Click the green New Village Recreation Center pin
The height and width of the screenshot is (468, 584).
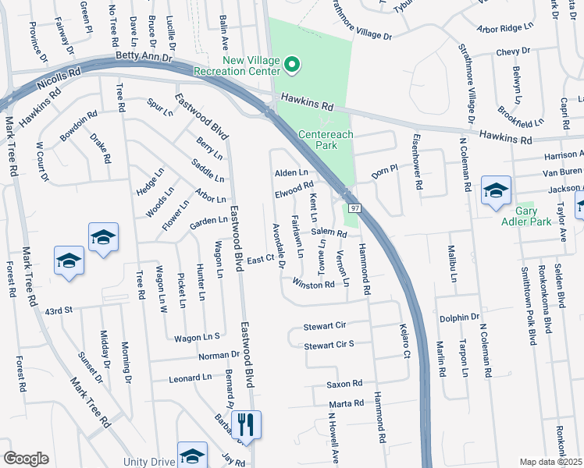[x=292, y=64]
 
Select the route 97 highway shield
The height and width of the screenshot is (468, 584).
[x=354, y=208]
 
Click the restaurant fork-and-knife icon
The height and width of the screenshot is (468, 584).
[x=246, y=425]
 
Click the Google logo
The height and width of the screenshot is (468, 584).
[x=26, y=459]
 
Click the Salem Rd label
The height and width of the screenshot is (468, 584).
[x=328, y=233]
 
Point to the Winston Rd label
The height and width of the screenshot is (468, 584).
[x=313, y=285]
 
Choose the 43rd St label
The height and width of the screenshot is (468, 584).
[x=58, y=310]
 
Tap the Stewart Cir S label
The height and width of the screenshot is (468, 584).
[x=329, y=344]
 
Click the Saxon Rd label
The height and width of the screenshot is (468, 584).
[x=345, y=384]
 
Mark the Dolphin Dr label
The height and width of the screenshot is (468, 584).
[x=459, y=317]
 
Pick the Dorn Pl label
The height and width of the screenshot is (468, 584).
[x=385, y=171]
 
